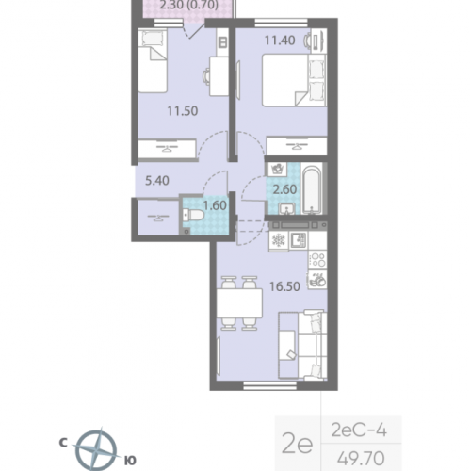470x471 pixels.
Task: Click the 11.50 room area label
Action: (183, 111)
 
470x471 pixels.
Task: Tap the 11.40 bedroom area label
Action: (280, 41)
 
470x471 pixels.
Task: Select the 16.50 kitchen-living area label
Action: (284, 286)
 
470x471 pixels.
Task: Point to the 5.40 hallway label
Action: (157, 181)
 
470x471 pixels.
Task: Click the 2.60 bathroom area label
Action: (284, 189)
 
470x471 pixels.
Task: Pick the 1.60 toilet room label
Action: (215, 205)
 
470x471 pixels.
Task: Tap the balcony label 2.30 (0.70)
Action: (189, 5)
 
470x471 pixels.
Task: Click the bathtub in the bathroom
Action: (312, 188)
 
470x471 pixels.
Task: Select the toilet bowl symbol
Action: (193, 216)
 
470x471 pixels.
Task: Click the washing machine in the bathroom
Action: (278, 170)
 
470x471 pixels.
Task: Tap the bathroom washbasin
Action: (286, 208)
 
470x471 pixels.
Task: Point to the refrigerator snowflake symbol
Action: (278, 241)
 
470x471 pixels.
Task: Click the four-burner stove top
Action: (317, 260)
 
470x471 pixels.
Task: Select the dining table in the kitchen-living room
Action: (239, 303)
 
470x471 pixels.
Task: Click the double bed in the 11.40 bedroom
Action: (295, 80)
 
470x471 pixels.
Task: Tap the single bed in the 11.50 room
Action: (153, 60)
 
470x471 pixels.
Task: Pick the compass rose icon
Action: (96, 449)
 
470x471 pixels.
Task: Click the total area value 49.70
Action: (361, 458)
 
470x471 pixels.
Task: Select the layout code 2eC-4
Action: (359, 430)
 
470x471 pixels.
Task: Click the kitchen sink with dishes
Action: (317, 280)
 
